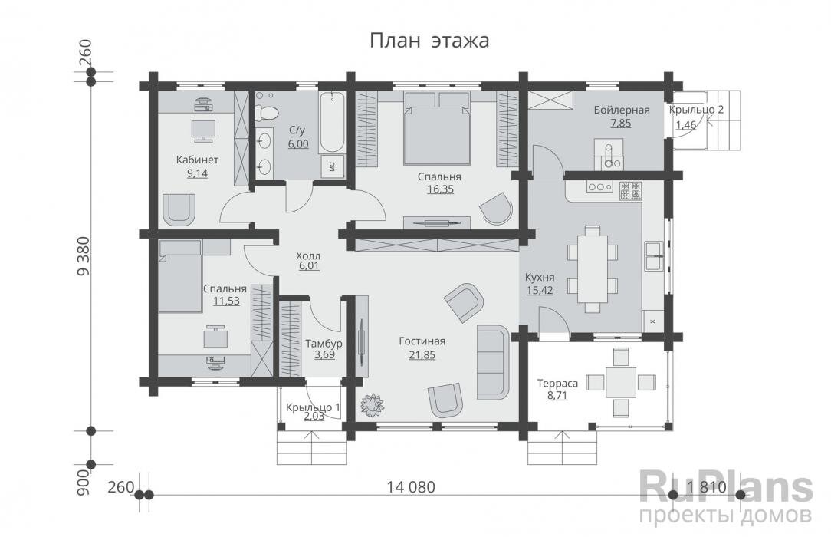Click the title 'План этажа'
(429, 41)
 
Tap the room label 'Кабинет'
(197, 160)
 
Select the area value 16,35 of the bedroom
(440, 189)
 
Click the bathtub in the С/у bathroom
(332, 123)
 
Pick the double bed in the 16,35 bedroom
(437, 128)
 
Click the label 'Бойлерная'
(622, 110)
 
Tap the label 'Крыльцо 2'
(696, 110)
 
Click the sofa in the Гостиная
(493, 362)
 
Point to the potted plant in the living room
(372, 404)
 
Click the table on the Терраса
(621, 381)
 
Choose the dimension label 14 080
(411, 486)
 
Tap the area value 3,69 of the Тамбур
(324, 354)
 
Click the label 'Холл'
(308, 256)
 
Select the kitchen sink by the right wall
(653, 256)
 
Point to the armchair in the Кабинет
(178, 209)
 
